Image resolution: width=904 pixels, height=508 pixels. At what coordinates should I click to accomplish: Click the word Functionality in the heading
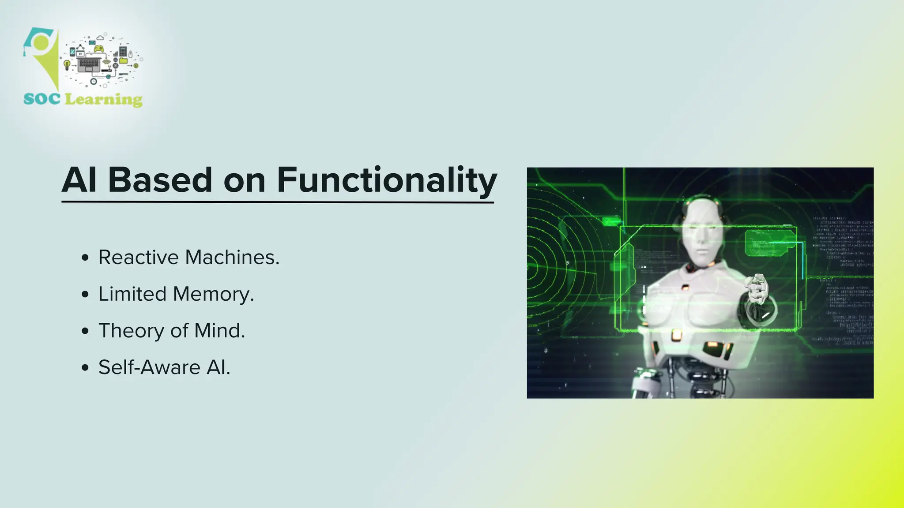(387, 181)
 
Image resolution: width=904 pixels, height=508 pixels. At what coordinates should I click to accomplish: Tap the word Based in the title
(160, 181)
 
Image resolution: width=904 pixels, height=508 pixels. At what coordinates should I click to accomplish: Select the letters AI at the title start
(79, 181)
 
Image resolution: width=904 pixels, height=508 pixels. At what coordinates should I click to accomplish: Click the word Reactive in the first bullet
(138, 258)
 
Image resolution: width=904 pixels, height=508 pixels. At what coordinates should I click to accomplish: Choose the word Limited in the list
(132, 294)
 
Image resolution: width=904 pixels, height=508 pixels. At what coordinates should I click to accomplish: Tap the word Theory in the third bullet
(131, 331)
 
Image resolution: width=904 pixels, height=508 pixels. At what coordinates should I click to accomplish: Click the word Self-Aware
(149, 367)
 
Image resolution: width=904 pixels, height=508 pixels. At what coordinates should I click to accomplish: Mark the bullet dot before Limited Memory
(85, 295)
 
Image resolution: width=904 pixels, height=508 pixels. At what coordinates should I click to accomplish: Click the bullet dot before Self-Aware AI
(85, 368)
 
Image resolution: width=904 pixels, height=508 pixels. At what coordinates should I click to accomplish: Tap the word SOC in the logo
(42, 99)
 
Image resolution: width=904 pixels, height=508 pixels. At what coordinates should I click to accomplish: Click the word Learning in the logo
(104, 100)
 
